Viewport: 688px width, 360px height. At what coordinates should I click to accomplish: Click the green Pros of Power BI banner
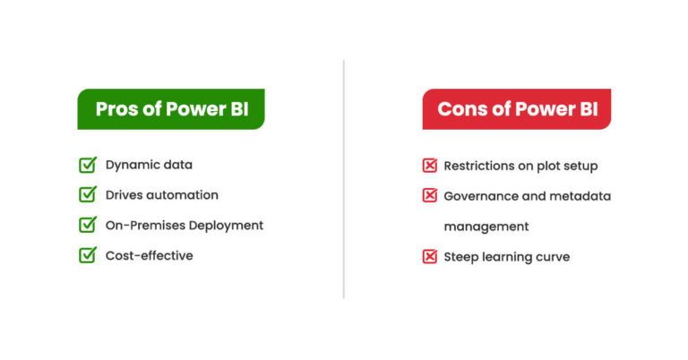(171, 109)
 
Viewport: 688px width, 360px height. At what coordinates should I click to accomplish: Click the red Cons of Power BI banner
(517, 109)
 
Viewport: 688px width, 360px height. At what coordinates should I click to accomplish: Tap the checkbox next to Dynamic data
(88, 165)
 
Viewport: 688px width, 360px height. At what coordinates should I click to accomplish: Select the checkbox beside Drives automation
(88, 194)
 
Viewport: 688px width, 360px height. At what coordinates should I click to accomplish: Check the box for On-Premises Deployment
(88, 225)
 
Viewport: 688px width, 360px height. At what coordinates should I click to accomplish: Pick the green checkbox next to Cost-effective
(88, 255)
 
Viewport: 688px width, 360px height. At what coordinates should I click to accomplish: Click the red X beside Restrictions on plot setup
(430, 166)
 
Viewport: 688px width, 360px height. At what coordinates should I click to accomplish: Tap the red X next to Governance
(430, 196)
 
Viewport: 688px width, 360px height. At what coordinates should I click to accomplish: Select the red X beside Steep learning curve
(430, 257)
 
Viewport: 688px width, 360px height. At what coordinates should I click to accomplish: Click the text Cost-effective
(149, 255)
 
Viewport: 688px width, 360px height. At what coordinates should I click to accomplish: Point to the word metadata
(580, 196)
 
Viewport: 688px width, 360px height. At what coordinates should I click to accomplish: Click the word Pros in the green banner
(116, 109)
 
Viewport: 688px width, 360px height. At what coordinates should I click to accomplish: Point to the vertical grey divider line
(344, 179)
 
